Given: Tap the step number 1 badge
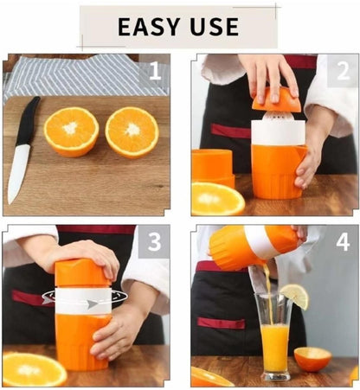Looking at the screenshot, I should [154, 70].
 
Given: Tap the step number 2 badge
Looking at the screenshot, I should [342, 70].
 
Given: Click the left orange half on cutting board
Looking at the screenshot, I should [71, 131].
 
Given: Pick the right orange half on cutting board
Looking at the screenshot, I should [132, 131].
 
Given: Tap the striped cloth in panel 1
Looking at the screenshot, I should [69, 76].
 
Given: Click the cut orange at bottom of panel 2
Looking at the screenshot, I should [216, 198].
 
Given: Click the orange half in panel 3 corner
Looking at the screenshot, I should [33, 368].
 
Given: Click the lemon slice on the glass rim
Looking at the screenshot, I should [294, 297].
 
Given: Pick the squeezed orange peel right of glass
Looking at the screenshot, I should [312, 358].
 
